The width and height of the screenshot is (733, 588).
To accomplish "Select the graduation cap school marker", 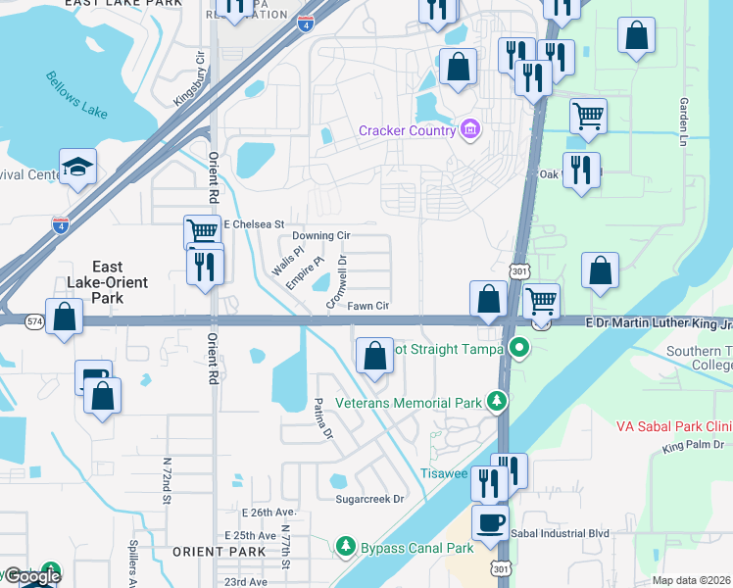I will pos(77,167).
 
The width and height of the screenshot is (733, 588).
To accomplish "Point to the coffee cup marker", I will pos(490,521).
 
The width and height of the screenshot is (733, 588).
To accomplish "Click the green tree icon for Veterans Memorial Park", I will pos(498,402).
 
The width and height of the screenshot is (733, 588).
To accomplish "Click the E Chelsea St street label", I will pos(254,224).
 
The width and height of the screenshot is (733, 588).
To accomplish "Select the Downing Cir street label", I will pos(320,236).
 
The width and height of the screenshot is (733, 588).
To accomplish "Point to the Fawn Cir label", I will pos(368,306).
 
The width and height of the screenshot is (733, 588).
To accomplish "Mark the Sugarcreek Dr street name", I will pos(370,499).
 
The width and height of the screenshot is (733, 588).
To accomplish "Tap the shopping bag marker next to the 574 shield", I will pos(64,317).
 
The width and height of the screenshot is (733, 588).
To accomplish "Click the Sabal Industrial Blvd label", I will pos(560,533).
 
